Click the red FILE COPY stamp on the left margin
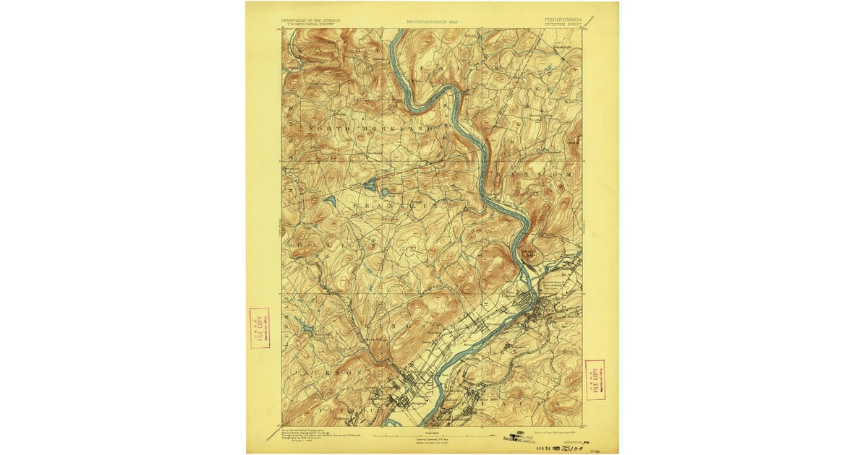(x=260, y=328)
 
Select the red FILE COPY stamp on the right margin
(x=595, y=379)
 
